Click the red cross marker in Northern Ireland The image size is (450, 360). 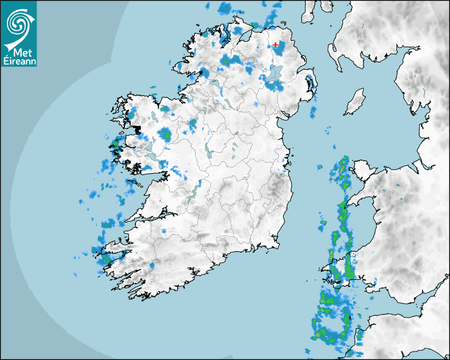tap(275, 46)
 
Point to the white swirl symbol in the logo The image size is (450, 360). tap(18, 23)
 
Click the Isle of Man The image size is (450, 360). tap(355, 102)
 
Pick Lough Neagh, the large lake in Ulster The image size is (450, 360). tap(275, 75)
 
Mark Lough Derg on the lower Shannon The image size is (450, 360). tap(197, 188)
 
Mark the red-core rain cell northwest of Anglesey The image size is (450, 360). tap(342, 168)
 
